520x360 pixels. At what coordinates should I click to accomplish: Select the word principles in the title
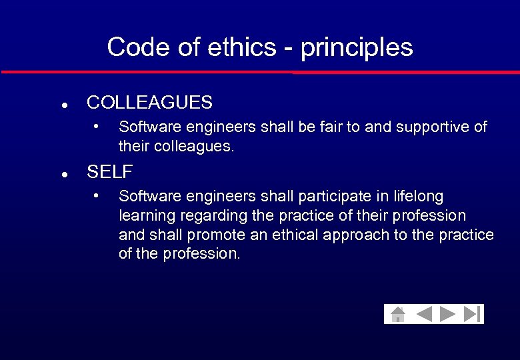tap(357, 48)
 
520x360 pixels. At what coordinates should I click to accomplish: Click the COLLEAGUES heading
tap(149, 103)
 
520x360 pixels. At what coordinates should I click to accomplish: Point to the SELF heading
tap(110, 172)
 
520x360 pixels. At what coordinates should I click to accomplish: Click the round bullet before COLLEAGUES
tap(62, 105)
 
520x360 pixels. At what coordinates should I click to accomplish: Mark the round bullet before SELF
tap(62, 174)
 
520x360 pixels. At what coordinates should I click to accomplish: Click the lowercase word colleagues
tap(194, 146)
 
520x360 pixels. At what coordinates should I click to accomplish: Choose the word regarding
tap(203, 216)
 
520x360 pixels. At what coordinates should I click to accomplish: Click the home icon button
tap(397, 314)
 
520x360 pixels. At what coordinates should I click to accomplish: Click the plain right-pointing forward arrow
tap(447, 314)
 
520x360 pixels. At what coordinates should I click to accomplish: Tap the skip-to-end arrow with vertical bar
tap(472, 314)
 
